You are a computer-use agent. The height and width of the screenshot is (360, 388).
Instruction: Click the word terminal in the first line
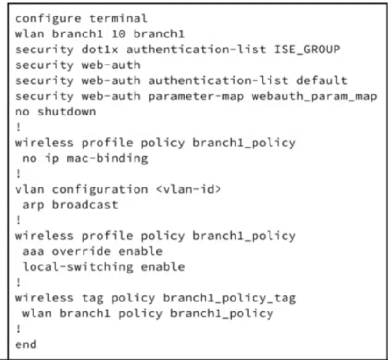tap(118, 18)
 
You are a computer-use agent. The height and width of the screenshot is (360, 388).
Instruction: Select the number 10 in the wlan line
tap(118, 34)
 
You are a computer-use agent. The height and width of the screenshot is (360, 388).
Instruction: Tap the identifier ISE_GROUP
tap(307, 49)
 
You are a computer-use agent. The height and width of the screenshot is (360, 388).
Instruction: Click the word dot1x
tap(100, 49)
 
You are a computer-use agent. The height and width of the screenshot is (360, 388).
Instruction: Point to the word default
tap(321, 81)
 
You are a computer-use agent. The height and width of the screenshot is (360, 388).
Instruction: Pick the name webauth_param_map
tap(315, 97)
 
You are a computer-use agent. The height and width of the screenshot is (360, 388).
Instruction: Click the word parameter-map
tap(196, 97)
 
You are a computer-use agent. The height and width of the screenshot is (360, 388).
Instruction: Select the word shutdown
tap(67, 112)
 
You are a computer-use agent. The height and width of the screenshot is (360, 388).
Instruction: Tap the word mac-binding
tap(107, 159)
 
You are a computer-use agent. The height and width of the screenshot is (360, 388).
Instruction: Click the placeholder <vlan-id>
tap(188, 189)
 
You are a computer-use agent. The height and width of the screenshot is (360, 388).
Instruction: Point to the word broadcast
tap(85, 205)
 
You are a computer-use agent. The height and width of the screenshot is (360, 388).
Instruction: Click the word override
tap(81, 251)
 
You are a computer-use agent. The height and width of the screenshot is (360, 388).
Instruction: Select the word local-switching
tap(78, 267)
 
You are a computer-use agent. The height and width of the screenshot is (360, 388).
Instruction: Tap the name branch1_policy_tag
tap(229, 298)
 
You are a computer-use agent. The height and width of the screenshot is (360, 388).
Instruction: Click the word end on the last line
tap(26, 344)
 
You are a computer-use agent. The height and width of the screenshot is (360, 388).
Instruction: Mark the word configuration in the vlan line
tap(100, 190)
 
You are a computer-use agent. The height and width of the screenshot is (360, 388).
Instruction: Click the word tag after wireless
tap(93, 298)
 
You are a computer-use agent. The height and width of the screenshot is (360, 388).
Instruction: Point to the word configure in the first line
tap(48, 19)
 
